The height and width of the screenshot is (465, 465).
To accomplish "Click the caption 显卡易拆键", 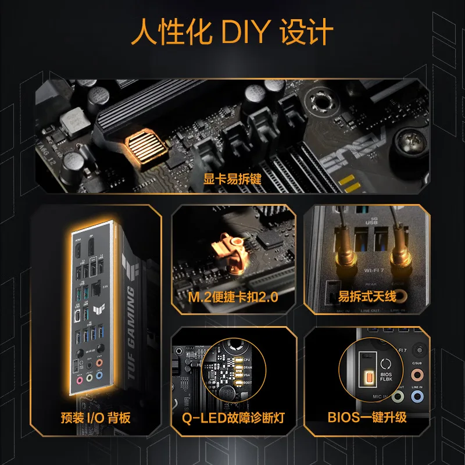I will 233,179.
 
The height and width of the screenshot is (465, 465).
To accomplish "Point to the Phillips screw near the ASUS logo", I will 409,140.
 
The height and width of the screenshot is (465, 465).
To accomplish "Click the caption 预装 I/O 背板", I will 96,417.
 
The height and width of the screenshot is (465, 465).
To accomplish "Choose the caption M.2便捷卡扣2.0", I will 233,298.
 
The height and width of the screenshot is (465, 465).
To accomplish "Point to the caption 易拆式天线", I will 367,297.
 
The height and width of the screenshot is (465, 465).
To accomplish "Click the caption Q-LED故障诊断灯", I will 233,417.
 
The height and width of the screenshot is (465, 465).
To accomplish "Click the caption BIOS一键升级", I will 367,417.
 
